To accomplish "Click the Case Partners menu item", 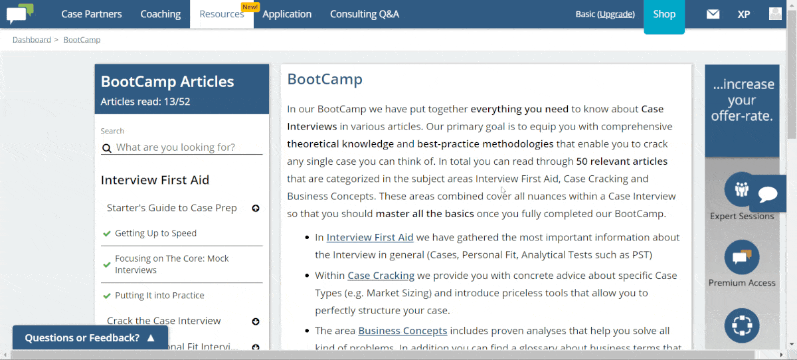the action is [92, 14].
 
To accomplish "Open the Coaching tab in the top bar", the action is [161, 14].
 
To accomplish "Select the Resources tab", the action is [222, 14].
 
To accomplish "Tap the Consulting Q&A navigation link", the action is [365, 14].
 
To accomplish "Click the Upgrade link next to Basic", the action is [616, 14].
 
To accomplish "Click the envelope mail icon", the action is [713, 14].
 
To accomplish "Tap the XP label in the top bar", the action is [744, 14].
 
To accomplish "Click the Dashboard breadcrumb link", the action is [32, 39].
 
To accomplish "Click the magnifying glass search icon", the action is [107, 148].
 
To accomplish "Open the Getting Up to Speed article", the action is [155, 233].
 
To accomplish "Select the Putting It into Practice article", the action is [159, 296].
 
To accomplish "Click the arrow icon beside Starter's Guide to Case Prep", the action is [256, 208].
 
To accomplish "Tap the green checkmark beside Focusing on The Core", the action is [107, 264].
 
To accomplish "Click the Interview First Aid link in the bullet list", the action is [370, 237].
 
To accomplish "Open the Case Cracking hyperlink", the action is [381, 276].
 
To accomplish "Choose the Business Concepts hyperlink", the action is [402, 331].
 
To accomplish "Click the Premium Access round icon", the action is [742, 257].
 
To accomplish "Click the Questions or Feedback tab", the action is [90, 337].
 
